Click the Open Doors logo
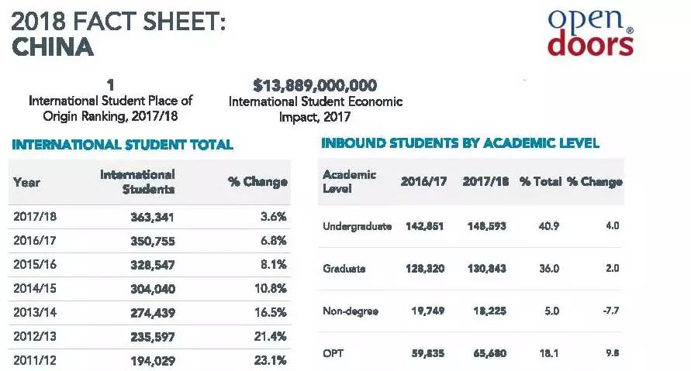[591, 33]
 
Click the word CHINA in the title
[54, 47]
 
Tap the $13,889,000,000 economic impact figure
[315, 85]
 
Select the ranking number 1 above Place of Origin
[110, 84]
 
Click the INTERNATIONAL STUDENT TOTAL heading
[123, 145]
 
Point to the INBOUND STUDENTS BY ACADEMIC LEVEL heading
[460, 143]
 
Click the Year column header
[26, 182]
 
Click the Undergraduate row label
[357, 226]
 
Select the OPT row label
[333, 352]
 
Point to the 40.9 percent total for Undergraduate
[549, 226]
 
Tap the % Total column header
[540, 182]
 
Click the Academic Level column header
[349, 182]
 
